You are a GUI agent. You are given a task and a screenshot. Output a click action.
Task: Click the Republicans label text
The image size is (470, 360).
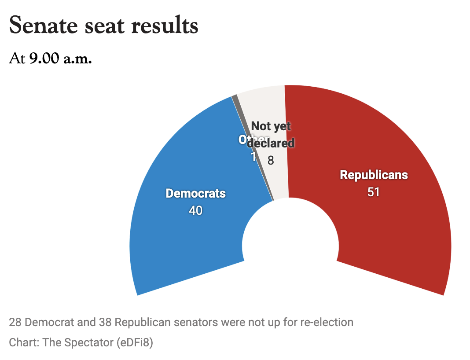click(x=374, y=175)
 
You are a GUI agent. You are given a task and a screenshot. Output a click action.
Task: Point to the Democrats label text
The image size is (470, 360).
click(x=195, y=193)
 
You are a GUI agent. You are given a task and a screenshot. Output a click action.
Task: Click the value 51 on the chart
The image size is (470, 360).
click(x=374, y=192)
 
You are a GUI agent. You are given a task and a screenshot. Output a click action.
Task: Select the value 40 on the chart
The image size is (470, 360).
click(x=195, y=211)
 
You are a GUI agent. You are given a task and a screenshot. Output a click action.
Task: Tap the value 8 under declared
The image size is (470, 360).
click(x=271, y=161)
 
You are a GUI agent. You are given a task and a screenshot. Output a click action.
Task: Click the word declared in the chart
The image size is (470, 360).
click(x=271, y=143)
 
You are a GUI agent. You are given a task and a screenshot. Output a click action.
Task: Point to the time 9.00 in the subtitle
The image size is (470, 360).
click(x=44, y=59)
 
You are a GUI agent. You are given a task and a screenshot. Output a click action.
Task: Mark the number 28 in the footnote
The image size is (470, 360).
click(x=15, y=323)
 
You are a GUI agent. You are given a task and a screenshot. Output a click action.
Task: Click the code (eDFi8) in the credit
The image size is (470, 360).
click(x=136, y=342)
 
